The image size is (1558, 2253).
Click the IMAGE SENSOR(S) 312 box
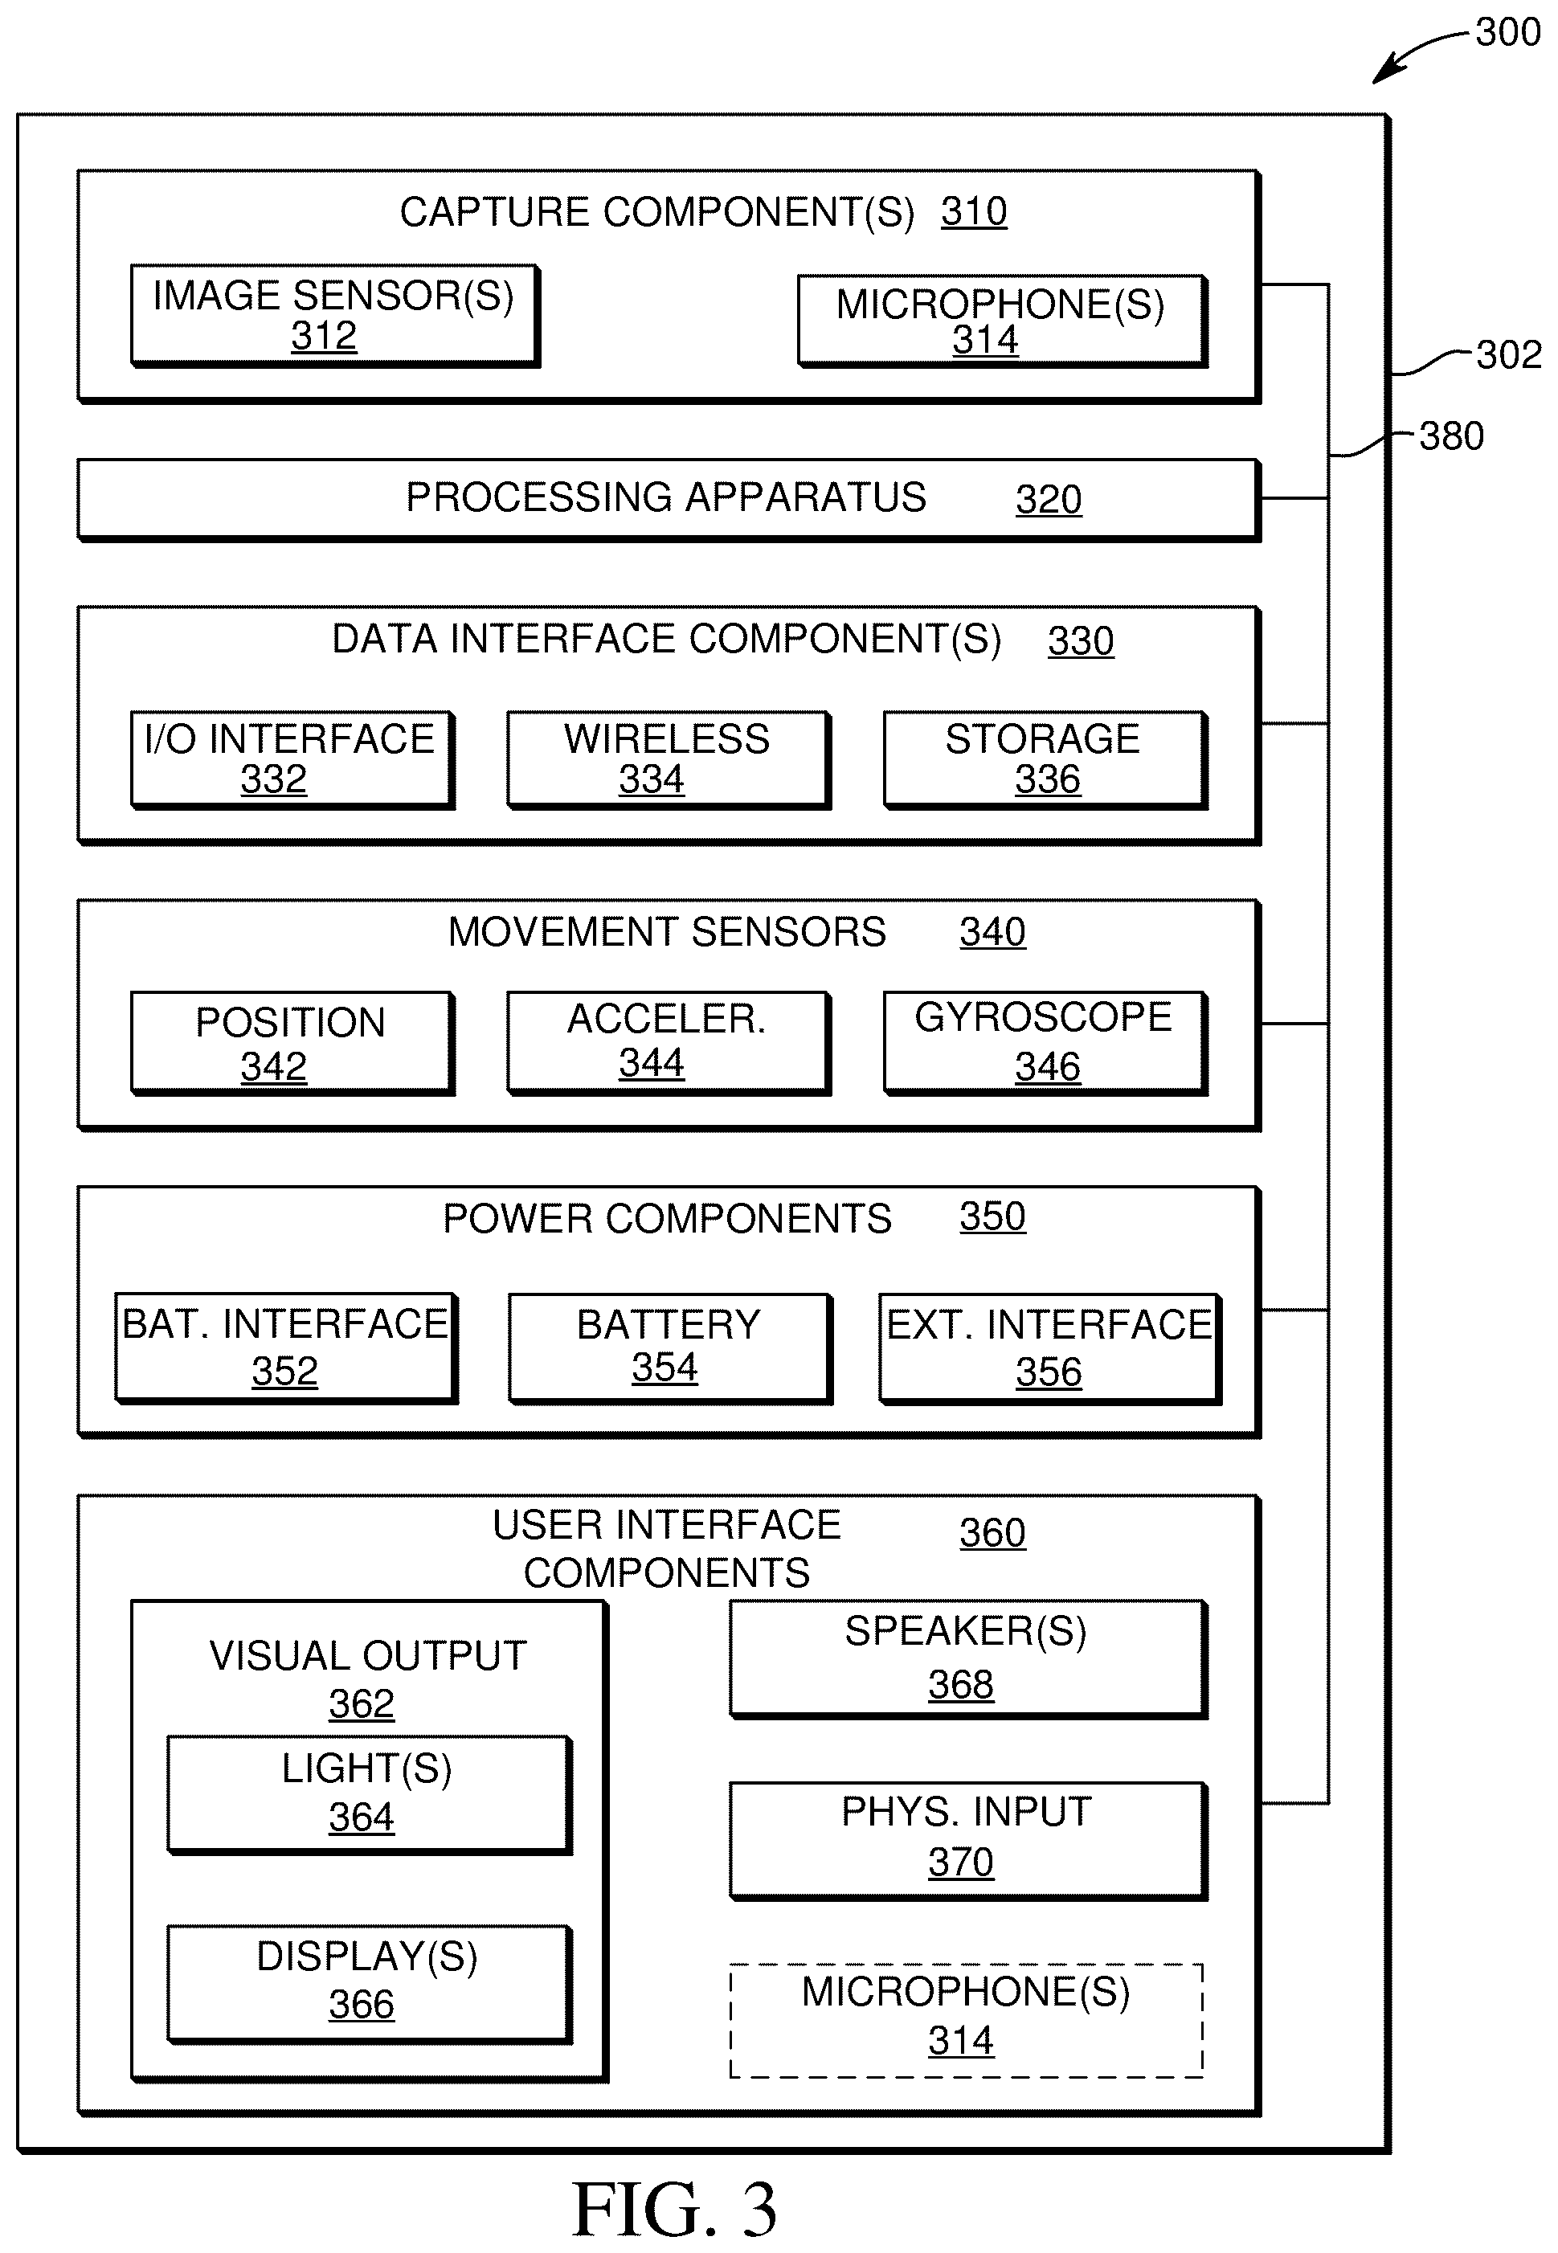tap(335, 315)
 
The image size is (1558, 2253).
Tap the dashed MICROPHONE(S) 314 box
tap(967, 2021)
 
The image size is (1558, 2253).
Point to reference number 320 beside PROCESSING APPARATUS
tap(1049, 500)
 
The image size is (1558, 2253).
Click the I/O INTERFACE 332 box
tap(292, 759)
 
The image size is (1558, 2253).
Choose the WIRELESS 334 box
tap(669, 759)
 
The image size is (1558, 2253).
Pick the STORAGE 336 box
tap(1045, 759)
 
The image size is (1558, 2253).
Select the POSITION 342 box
tap(292, 1043)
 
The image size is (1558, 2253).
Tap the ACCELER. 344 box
tap(669, 1043)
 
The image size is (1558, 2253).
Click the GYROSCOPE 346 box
tap(1045, 1043)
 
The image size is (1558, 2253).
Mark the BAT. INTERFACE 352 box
tap(286, 1348)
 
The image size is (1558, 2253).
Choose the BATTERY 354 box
tap(671, 1348)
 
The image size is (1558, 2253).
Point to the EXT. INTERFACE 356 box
tap(1050, 1348)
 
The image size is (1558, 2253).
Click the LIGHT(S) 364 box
tap(369, 1794)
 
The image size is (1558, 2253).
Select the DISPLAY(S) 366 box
tap(369, 1984)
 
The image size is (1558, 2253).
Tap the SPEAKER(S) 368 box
tap(968, 1658)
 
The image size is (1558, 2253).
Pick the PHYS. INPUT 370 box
tap(968, 1841)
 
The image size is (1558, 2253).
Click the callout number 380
tap(1452, 436)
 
